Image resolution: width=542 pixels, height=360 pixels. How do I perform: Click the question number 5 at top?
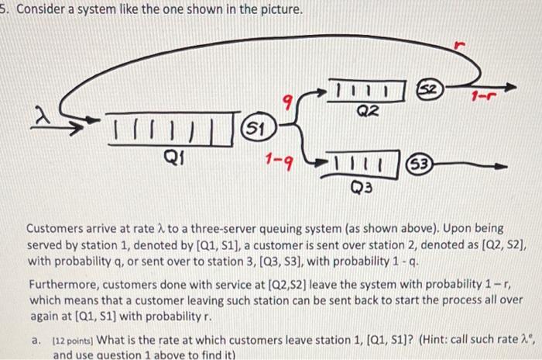4,12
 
